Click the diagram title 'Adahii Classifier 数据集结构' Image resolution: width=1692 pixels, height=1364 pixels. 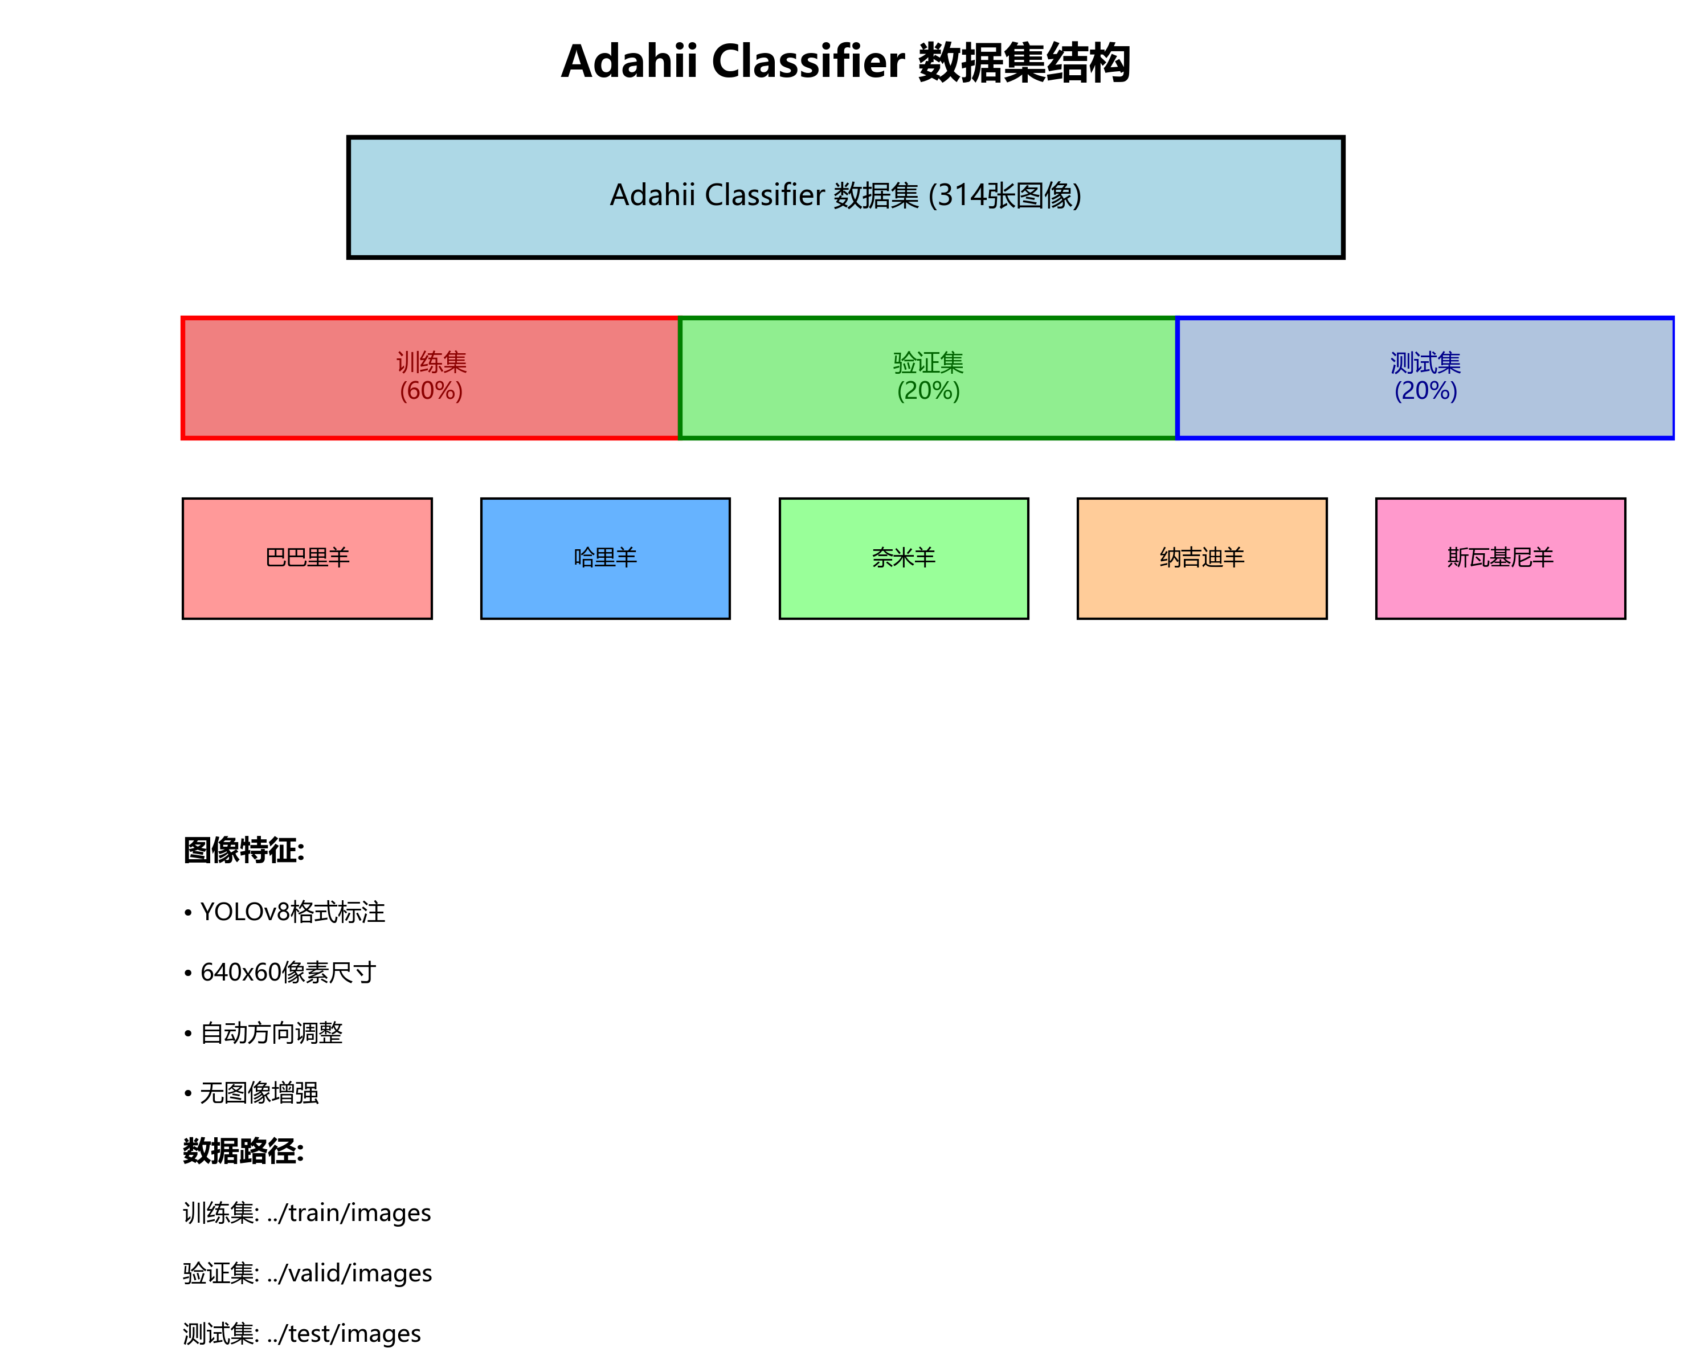[x=845, y=62]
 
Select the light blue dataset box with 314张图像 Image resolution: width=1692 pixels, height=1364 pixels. [x=845, y=197]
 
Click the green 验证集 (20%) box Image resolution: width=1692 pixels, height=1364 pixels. [x=927, y=377]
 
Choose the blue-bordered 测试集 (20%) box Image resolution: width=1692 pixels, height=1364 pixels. [x=1425, y=377]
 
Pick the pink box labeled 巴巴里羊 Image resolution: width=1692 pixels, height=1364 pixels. [x=307, y=558]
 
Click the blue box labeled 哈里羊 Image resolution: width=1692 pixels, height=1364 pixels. [x=605, y=558]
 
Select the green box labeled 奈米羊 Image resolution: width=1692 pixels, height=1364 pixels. [x=904, y=558]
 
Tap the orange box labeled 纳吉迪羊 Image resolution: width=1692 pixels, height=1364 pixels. [x=1202, y=558]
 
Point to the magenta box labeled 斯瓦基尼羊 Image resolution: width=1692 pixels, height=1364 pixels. [x=1501, y=558]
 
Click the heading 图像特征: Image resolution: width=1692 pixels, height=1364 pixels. [x=243, y=850]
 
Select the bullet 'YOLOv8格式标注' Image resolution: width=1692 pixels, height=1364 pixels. [x=292, y=912]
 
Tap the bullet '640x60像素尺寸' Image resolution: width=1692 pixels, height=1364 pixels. [x=288, y=973]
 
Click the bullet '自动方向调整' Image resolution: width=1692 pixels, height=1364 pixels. [x=271, y=1032]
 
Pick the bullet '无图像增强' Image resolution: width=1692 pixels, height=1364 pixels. [x=259, y=1093]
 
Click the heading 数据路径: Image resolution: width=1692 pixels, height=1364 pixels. [x=243, y=1152]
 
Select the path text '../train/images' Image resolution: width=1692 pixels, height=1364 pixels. [x=349, y=1213]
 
